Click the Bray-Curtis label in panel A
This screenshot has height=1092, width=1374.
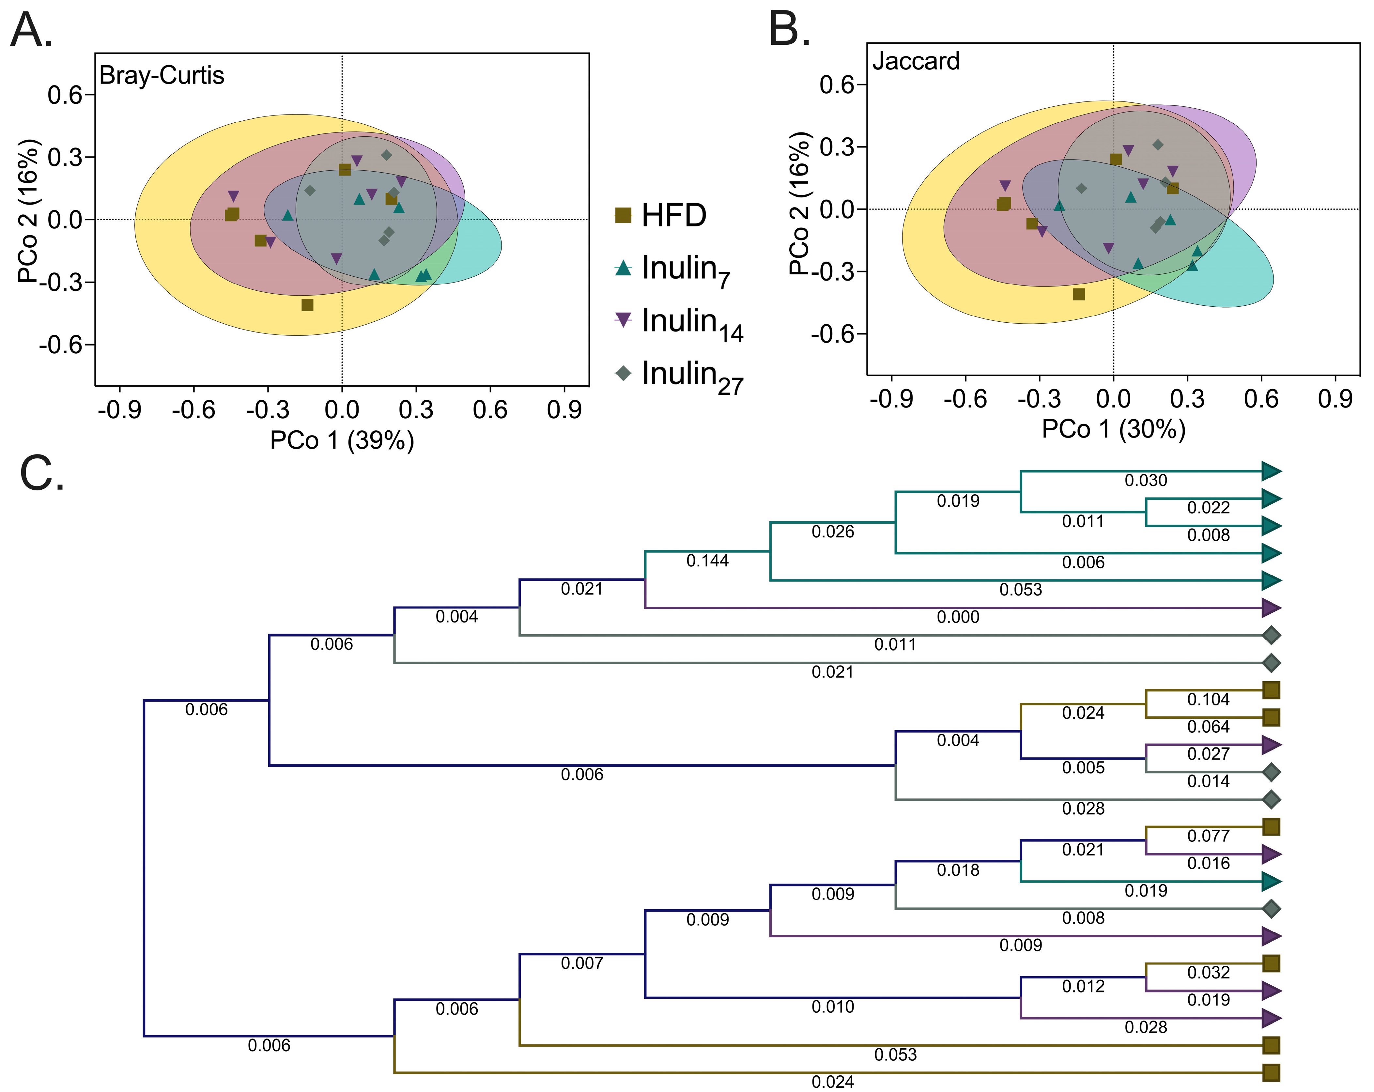click(162, 75)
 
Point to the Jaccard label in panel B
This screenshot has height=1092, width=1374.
click(916, 61)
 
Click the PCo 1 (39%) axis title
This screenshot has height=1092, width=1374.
click(342, 440)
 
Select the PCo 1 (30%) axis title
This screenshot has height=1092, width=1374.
click(1113, 429)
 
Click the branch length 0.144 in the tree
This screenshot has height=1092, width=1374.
click(707, 561)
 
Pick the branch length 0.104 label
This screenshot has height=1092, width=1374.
click(1208, 700)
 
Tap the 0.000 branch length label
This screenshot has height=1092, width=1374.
click(958, 617)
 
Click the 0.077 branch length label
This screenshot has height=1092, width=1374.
click(1208, 836)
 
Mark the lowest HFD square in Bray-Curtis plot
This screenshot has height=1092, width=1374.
click(307, 305)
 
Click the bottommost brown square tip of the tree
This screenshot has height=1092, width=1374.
click(1272, 1073)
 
